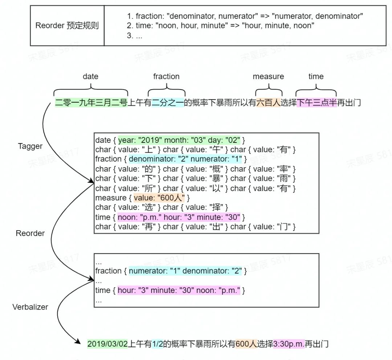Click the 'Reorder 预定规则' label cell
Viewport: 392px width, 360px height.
coord(67,26)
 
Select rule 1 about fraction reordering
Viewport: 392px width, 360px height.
coord(245,16)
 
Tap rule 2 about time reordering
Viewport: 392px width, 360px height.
coord(220,26)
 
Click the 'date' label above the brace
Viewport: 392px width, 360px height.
coord(90,76)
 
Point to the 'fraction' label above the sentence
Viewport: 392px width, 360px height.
coord(166,76)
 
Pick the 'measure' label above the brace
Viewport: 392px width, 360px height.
coord(268,76)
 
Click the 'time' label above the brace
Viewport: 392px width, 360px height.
coord(316,76)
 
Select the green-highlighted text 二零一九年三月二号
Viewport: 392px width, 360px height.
coord(91,103)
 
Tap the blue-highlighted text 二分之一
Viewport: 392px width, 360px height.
coord(168,103)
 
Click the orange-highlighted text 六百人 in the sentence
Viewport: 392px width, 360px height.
coord(268,103)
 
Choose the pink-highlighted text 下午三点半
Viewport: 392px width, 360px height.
coord(317,103)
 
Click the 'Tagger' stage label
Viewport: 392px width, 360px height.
coord(30,146)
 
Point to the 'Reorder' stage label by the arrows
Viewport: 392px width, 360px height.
coord(30,233)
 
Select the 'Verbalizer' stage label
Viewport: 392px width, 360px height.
coord(30,307)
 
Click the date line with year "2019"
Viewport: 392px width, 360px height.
coord(170,140)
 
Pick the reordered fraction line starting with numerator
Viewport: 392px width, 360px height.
coord(171,271)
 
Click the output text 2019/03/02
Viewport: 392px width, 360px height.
coord(108,344)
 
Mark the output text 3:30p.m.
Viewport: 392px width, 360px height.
coord(289,344)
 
